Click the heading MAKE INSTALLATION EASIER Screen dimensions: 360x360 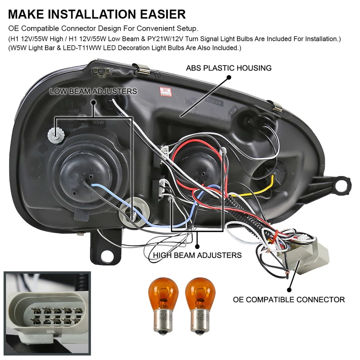(x=97, y=14)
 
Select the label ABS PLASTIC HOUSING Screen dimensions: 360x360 (x=229, y=68)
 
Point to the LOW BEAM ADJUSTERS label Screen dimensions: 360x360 (x=93, y=91)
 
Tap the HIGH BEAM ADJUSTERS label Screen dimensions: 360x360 (x=197, y=255)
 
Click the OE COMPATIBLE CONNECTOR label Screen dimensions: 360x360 (x=289, y=300)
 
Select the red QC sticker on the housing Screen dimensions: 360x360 (x=165, y=91)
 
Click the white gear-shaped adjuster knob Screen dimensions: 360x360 (x=55, y=133)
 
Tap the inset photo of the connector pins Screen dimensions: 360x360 (x=47, y=311)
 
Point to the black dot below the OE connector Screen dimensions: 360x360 (x=289, y=289)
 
